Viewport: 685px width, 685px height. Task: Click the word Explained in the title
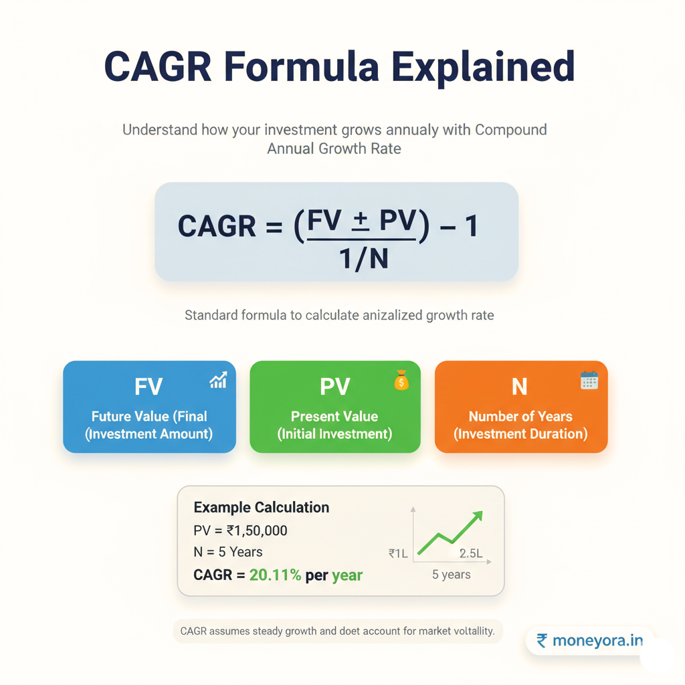pyautogui.click(x=483, y=66)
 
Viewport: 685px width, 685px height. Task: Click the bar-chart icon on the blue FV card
pyautogui.click(x=218, y=381)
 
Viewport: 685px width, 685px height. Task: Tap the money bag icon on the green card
pyautogui.click(x=401, y=381)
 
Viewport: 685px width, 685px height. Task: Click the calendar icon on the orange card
pyautogui.click(x=589, y=381)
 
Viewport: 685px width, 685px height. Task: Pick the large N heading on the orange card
pyautogui.click(x=520, y=387)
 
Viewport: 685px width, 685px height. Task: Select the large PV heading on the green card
pyautogui.click(x=334, y=387)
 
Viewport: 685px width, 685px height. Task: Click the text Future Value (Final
pyautogui.click(x=149, y=416)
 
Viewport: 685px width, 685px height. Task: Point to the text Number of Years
pyautogui.click(x=520, y=416)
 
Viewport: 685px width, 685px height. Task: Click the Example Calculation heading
pyautogui.click(x=261, y=507)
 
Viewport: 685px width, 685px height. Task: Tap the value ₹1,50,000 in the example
pyautogui.click(x=257, y=530)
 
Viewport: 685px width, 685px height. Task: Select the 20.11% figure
pyautogui.click(x=275, y=575)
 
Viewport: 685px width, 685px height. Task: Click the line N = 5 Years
pyautogui.click(x=227, y=553)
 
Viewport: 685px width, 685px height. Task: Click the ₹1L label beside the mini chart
pyautogui.click(x=398, y=553)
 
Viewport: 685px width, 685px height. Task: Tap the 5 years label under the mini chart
pyautogui.click(x=451, y=575)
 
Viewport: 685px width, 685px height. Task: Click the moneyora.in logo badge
pyautogui.click(x=589, y=641)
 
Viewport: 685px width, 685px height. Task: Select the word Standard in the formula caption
pyautogui.click(x=209, y=314)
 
